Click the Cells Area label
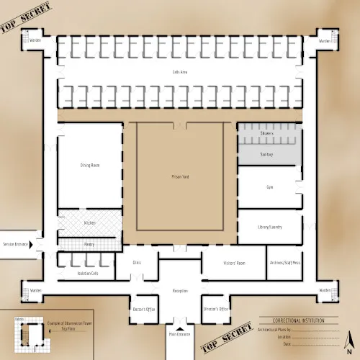[x=180, y=72]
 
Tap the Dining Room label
[x=90, y=166]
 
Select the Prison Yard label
[x=180, y=176]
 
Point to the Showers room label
[x=266, y=133]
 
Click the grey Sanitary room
[x=266, y=154]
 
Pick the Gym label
[x=269, y=187]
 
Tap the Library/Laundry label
[x=269, y=228]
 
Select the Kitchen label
[x=89, y=223]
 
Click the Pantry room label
[x=89, y=245]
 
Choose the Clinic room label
[x=137, y=263]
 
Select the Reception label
[x=180, y=291]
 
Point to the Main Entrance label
[x=180, y=334]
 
